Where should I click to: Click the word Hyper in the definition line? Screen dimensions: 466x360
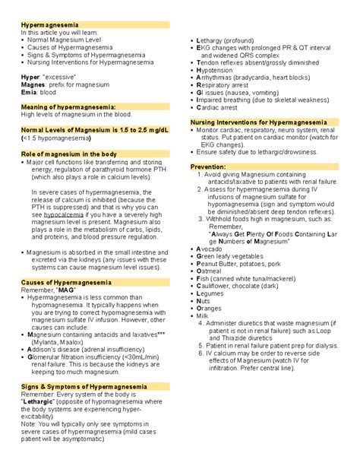pos(30,78)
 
